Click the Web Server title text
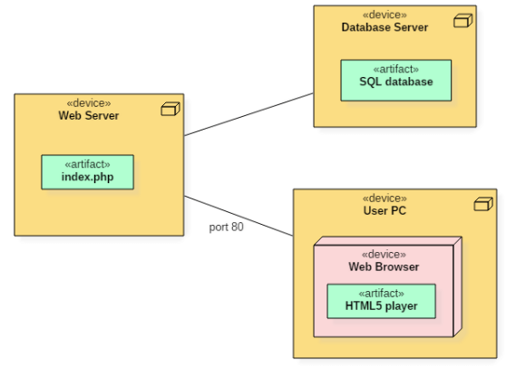tap(89, 115)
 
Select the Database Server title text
tap(384, 27)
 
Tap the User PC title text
tap(384, 210)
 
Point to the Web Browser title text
tap(384, 266)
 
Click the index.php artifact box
tap(87, 172)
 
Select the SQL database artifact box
tap(396, 81)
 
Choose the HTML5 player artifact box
tap(382, 301)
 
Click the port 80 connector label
tap(226, 228)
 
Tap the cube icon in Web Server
tap(170, 109)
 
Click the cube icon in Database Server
tap(463, 21)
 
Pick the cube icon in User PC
tap(483, 204)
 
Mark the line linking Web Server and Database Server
tap(248, 114)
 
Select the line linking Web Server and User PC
tap(238, 216)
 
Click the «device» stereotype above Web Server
tap(89, 103)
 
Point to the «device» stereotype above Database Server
tap(384, 15)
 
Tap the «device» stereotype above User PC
tap(384, 198)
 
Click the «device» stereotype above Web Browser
tap(384, 255)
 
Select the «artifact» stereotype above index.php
tap(87, 164)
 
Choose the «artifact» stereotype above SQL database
tap(396, 70)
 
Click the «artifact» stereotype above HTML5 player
tap(382, 294)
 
